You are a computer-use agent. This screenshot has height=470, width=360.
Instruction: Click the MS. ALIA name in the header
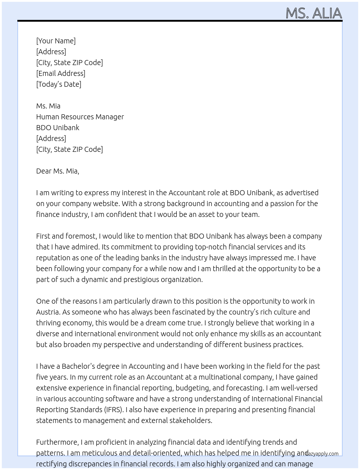click(x=313, y=13)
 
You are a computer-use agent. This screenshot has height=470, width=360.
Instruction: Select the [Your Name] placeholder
click(x=56, y=41)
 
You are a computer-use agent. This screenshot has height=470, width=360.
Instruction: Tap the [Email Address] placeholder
click(x=61, y=73)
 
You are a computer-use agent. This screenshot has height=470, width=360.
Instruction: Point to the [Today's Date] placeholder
click(x=59, y=84)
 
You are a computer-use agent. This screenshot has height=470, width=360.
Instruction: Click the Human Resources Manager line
click(x=80, y=117)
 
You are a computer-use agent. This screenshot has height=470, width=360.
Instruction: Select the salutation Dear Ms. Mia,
click(x=57, y=171)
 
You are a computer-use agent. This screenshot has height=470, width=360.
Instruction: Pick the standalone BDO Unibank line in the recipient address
click(x=57, y=128)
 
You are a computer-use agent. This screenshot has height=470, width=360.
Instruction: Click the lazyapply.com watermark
click(x=322, y=454)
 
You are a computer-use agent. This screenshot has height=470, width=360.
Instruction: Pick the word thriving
click(x=48, y=323)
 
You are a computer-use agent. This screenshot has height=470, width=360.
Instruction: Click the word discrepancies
click(x=86, y=464)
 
